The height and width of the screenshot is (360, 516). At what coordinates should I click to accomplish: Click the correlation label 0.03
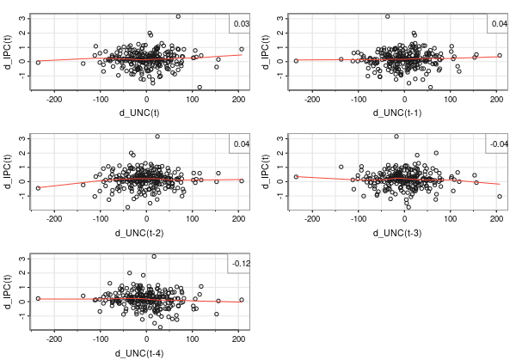point(242,24)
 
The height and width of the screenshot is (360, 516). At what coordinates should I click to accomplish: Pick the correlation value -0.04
point(498,144)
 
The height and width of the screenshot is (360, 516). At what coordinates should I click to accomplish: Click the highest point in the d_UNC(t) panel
point(178,16)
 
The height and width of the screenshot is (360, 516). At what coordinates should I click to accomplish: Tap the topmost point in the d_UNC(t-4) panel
point(154,256)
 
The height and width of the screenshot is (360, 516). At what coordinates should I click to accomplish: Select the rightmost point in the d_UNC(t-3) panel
point(500,197)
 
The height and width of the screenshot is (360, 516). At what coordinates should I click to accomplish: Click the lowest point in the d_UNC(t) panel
point(200,88)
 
